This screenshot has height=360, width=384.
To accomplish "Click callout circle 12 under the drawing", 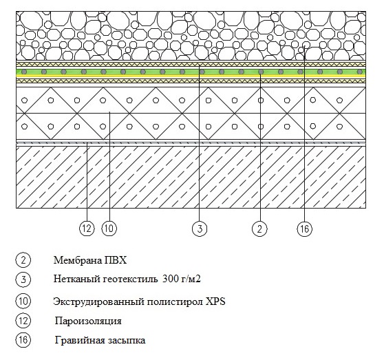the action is pos(87,229).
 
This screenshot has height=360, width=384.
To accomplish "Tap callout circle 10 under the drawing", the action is pos(109,229).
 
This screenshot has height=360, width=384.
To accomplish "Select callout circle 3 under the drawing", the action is pos(200,229).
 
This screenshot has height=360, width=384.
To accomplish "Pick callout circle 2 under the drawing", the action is pos(259,229).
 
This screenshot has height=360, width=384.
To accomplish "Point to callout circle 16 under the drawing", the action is pos(304,229).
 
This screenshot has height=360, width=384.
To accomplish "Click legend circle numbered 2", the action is pos(23,260).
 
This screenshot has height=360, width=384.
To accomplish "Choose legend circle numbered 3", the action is pos(23,279).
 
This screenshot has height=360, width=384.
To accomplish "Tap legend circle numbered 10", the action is pos(23,301).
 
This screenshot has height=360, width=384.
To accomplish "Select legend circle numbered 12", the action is pos(23,321).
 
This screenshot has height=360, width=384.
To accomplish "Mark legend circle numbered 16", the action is pos(23,340).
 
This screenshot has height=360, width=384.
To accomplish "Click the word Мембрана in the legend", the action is pos(78,260).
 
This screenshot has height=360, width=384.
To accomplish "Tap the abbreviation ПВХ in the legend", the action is pos(116,260).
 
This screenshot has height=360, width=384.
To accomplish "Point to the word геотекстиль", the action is pos(130,279).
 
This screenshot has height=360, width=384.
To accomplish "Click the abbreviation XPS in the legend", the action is pos(215,301).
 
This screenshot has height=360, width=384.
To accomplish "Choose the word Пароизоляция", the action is pos(88,321).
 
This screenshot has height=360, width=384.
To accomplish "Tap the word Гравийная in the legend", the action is pos(80,340).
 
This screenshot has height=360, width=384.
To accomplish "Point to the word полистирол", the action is pos(175,301).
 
